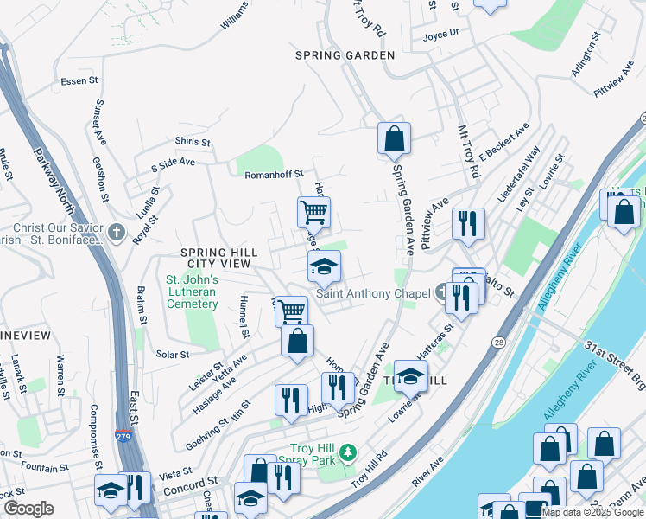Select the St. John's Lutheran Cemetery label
(x=191, y=292)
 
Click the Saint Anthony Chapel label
(x=373, y=293)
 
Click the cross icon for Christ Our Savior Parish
(x=117, y=233)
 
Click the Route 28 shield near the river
(x=500, y=319)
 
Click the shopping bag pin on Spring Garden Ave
(x=394, y=138)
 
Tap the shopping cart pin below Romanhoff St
(x=313, y=212)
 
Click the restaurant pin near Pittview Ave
(x=468, y=223)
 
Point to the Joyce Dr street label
(x=440, y=35)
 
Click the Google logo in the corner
(x=28, y=509)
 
